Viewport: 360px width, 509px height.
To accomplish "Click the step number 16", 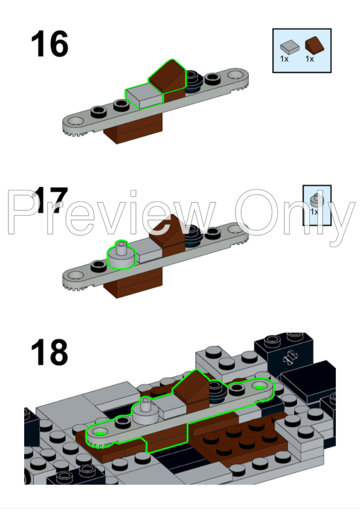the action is pyautogui.click(x=50, y=44).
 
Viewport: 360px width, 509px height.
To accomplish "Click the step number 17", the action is pyautogui.click(x=50, y=200).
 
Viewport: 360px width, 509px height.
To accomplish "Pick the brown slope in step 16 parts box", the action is pyautogui.click(x=314, y=45).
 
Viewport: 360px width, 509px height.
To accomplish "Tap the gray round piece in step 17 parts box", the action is pyautogui.click(x=317, y=200).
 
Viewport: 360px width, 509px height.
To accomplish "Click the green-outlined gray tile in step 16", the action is pyautogui.click(x=144, y=96).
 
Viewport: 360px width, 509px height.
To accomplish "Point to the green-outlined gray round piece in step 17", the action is pyautogui.click(x=121, y=256).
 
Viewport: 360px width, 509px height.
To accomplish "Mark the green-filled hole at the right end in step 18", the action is pyautogui.click(x=259, y=387).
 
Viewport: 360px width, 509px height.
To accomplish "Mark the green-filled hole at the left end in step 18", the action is pyautogui.click(x=100, y=433).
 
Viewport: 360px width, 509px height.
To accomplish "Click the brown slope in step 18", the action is pyautogui.click(x=191, y=389).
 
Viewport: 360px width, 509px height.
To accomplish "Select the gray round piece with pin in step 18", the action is pyautogui.click(x=146, y=411).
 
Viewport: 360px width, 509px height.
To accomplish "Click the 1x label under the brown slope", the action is pyautogui.click(x=310, y=59).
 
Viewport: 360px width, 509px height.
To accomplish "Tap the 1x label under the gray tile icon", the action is pyautogui.click(x=284, y=59).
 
